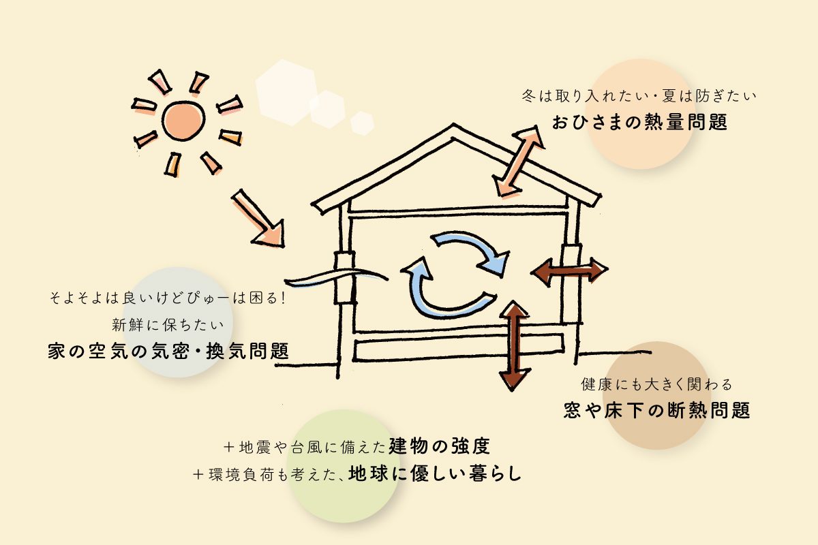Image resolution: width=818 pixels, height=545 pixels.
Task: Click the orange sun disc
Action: click(x=183, y=121)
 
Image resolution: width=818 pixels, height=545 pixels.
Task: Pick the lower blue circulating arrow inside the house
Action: click(x=443, y=296)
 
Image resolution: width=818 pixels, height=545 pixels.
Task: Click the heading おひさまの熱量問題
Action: click(x=639, y=123)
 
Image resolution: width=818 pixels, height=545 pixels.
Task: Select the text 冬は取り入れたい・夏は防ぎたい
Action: click(x=639, y=96)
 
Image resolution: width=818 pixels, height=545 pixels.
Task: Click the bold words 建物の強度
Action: click(x=440, y=447)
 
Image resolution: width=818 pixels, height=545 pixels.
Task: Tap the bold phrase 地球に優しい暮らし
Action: click(x=434, y=473)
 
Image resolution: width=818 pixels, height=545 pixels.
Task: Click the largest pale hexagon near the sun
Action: click(x=284, y=92)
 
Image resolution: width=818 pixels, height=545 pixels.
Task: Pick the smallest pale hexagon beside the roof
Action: click(x=362, y=123)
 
